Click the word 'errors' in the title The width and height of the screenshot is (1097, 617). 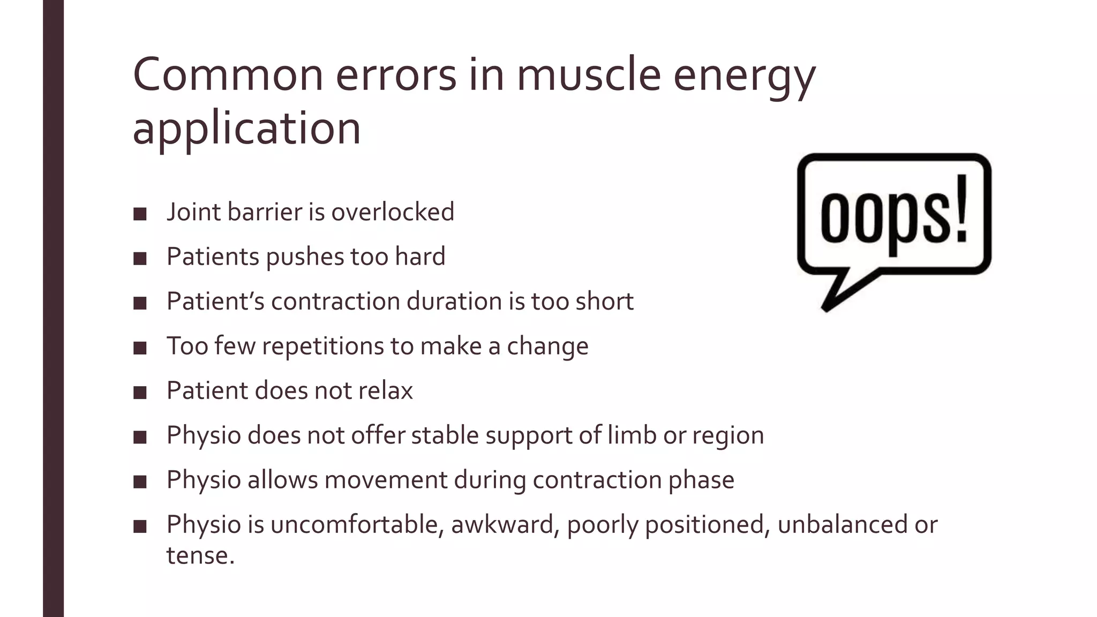tap(396, 75)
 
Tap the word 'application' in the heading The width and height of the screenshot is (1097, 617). tap(246, 129)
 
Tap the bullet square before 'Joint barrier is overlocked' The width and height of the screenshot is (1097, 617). tap(140, 214)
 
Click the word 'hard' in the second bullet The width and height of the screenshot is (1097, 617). tap(420, 257)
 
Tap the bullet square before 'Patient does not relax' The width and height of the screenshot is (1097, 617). tap(140, 393)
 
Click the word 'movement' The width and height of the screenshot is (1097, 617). tap(386, 480)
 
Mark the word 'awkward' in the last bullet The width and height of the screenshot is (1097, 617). tap(502, 524)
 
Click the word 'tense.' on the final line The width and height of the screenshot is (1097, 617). tap(200, 555)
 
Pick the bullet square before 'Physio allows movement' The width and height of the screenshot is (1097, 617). tap(140, 482)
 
